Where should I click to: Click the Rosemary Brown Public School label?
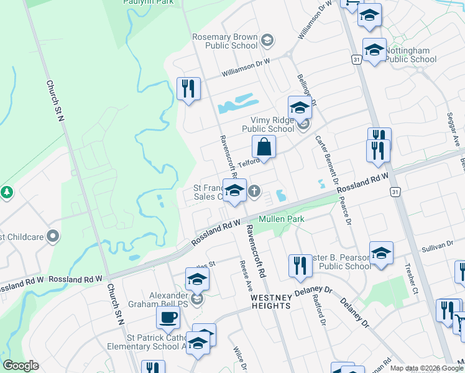point(224,42)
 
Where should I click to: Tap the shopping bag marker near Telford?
point(264,148)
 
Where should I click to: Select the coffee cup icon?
point(168,318)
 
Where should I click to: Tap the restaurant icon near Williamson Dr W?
point(188,88)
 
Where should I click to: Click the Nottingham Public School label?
point(410,55)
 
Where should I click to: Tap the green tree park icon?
point(7,192)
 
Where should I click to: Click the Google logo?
point(21,366)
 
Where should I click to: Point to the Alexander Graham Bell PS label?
point(160,300)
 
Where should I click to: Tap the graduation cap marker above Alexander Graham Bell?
point(197,279)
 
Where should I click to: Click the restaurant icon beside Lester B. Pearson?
point(300,265)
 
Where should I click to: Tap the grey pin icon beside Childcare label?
point(53,236)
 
